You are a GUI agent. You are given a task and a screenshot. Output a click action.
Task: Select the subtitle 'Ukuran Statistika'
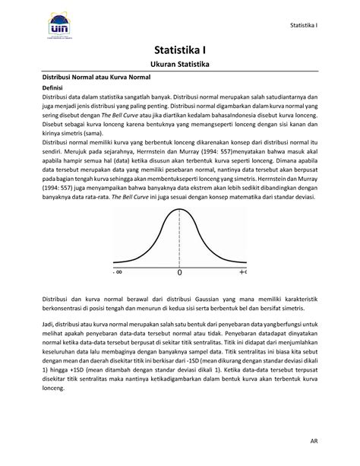pos(179,66)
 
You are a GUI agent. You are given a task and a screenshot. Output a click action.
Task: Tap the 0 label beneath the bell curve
pos(180,271)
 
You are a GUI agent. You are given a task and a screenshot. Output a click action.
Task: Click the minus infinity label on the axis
pos(118,271)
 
